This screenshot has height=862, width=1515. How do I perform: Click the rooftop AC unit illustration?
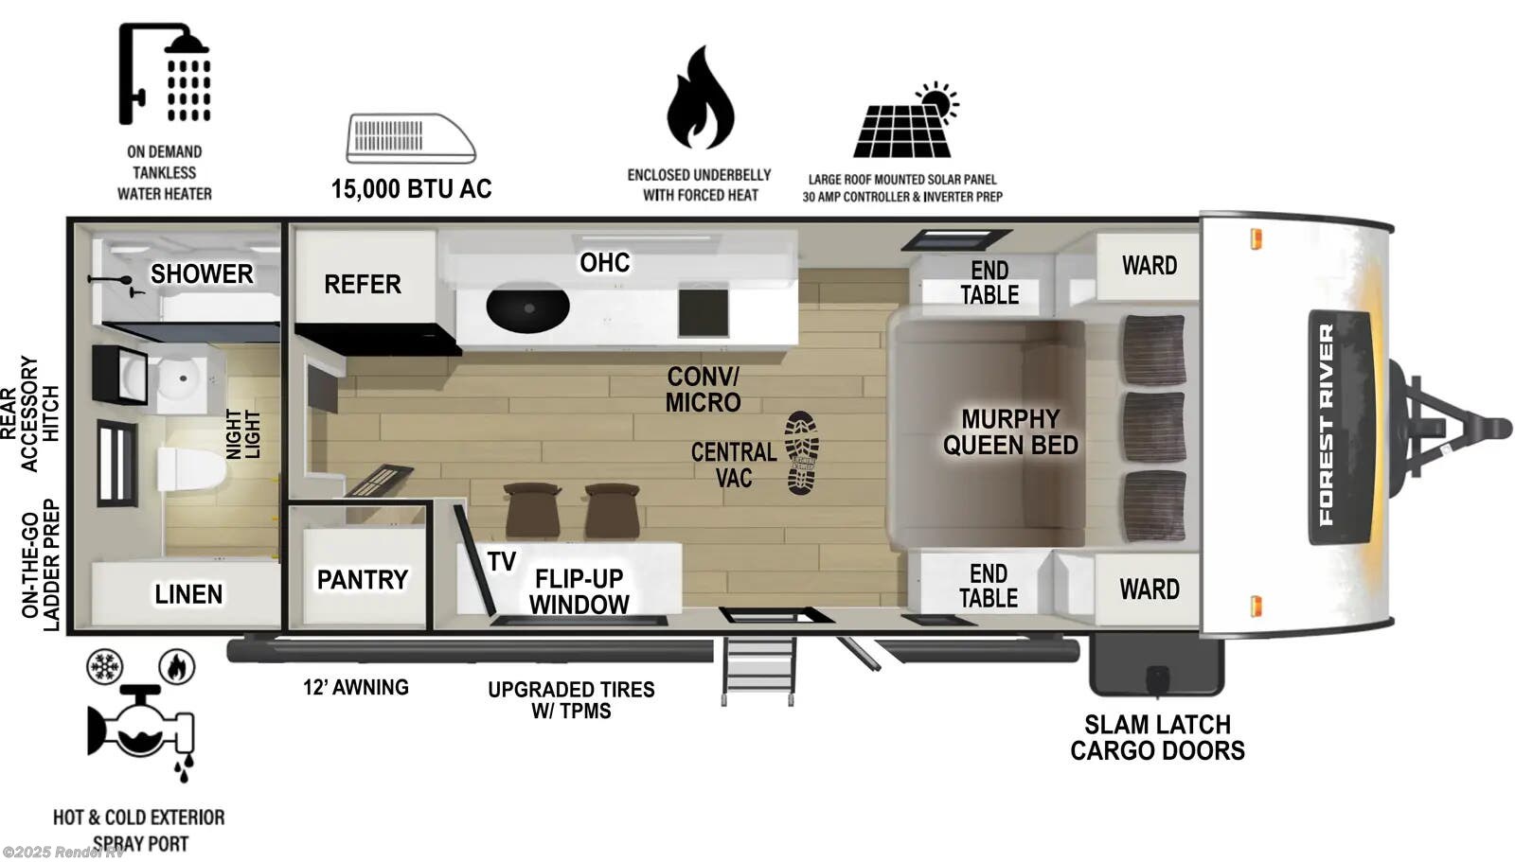pos(410,138)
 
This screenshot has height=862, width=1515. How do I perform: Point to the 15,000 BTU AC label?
pos(411,189)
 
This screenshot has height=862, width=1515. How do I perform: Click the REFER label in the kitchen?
pos(362,284)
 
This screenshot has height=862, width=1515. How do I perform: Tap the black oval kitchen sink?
pos(527,307)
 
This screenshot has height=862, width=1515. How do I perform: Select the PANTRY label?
pos(362,579)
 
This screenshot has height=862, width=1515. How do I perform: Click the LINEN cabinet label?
pos(188,594)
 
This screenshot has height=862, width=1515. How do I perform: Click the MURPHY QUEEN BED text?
pos(1010,432)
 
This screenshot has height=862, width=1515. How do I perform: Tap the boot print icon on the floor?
pos(801,453)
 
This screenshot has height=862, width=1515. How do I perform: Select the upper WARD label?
pos(1149,265)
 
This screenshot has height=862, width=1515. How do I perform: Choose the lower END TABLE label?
pos(988,586)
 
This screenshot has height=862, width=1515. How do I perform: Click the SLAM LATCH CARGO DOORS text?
pos(1157,738)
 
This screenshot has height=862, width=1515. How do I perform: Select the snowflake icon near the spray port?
pos(104,667)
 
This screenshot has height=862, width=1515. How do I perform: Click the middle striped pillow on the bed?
pos(1153,427)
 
